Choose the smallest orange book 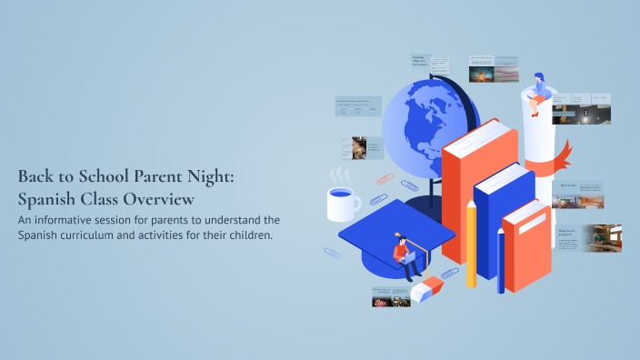pos(527,245)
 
